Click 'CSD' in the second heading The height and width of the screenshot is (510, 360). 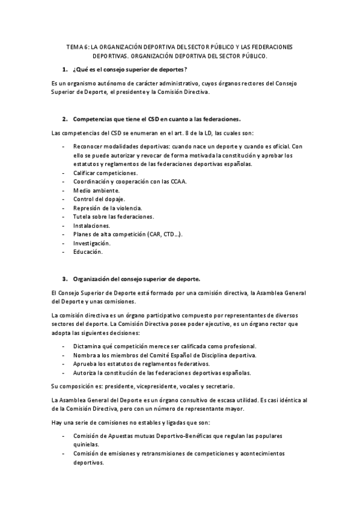(x=156, y=119)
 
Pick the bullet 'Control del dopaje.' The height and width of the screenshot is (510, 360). (x=99, y=198)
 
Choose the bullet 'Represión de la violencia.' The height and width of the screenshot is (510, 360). (x=108, y=207)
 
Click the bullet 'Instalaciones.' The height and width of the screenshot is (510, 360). (x=91, y=225)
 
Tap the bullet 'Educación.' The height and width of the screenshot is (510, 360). (x=88, y=252)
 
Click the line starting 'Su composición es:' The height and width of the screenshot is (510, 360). (x=144, y=386)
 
